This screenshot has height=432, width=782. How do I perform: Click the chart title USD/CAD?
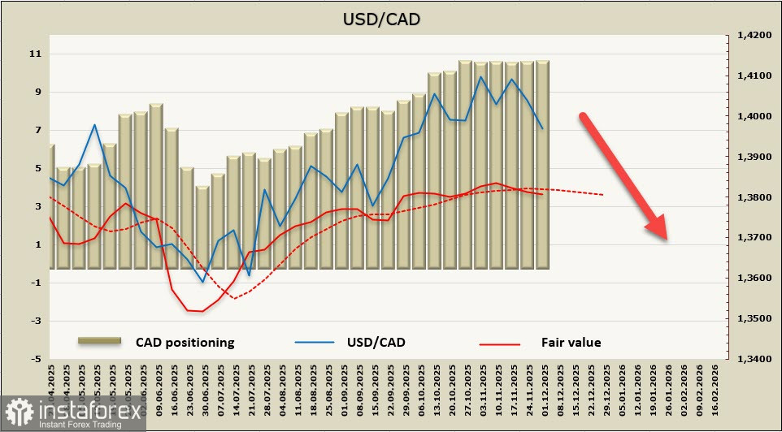[392, 19]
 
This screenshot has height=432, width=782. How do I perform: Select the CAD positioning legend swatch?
[99, 342]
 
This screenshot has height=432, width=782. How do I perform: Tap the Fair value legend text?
[571, 342]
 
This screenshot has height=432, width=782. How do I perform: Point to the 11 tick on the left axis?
[35, 54]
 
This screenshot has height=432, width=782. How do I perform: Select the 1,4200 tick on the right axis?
[753, 36]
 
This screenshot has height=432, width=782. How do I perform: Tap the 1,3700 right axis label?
[753, 238]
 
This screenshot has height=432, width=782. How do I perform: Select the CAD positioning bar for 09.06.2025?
[156, 187]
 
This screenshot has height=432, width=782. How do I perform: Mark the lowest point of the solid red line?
[202, 311]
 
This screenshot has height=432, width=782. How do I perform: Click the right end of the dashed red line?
[604, 195]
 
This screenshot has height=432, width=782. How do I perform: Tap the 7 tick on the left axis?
[36, 130]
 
